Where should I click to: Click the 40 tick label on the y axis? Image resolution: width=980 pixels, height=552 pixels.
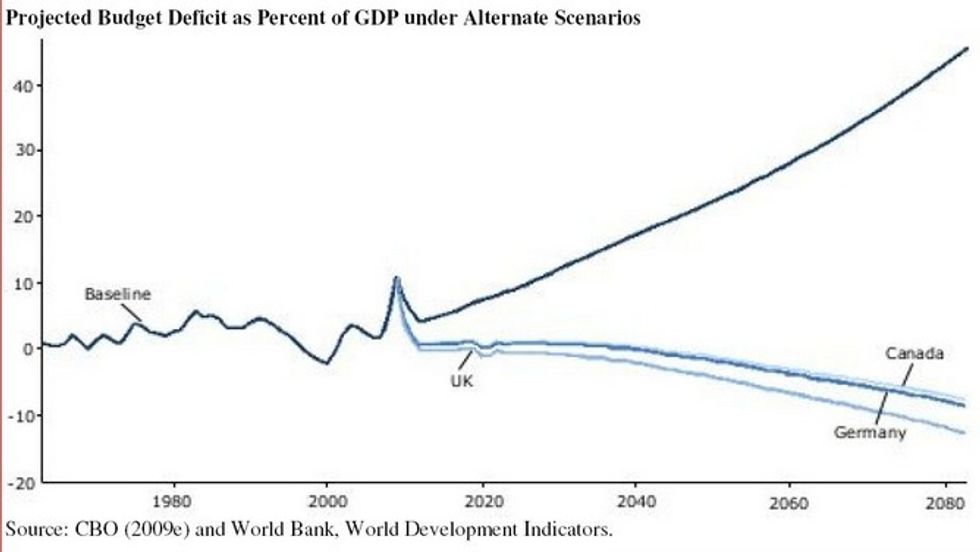23,86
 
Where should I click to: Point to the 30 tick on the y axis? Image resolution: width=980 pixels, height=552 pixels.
23,151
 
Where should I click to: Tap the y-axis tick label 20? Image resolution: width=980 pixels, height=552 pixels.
23,217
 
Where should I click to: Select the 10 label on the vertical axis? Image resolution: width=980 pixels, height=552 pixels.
23,283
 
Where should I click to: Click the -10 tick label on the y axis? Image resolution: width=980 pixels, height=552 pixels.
20,415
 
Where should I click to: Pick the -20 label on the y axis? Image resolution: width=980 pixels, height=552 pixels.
20,482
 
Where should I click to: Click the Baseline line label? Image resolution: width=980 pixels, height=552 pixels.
116,294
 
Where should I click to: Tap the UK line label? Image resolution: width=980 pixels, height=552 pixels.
462,381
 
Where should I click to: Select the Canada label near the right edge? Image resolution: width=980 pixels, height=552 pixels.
915,353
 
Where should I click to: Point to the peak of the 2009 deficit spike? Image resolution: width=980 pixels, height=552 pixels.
397,278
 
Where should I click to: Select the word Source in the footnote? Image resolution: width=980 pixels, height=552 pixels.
30,527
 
